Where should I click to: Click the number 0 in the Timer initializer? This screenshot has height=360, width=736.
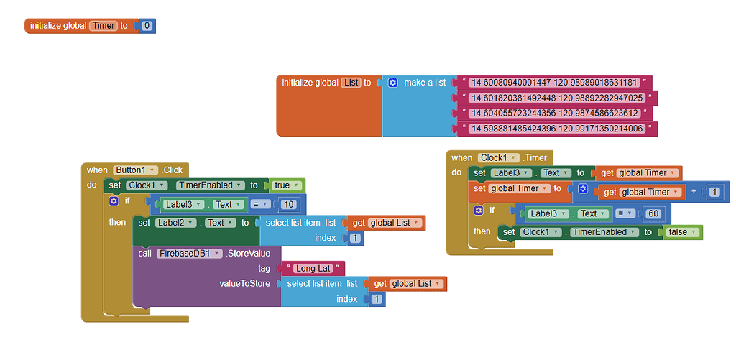click(147, 26)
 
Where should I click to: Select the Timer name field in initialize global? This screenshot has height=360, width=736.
click(103, 26)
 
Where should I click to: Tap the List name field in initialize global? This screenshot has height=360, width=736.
click(351, 83)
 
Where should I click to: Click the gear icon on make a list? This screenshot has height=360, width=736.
click(392, 83)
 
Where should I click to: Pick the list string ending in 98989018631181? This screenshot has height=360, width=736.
click(554, 82)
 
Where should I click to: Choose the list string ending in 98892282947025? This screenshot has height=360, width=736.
click(557, 98)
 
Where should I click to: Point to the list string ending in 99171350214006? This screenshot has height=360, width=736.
click(557, 129)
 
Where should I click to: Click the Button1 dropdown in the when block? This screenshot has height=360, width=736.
click(135, 170)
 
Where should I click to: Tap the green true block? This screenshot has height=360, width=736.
click(286, 185)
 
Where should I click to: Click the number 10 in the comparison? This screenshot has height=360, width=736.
click(290, 204)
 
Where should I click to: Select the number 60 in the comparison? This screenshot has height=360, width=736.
click(654, 213)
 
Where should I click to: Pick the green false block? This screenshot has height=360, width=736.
click(683, 232)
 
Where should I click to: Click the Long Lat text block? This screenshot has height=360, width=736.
click(313, 268)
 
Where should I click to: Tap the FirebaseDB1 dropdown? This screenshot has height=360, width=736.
click(189, 253)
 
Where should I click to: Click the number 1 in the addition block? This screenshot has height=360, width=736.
click(714, 192)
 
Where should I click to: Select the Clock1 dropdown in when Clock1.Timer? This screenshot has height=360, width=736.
click(499, 158)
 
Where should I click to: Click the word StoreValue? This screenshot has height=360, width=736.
click(249, 253)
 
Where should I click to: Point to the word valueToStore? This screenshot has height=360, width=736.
click(244, 284)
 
